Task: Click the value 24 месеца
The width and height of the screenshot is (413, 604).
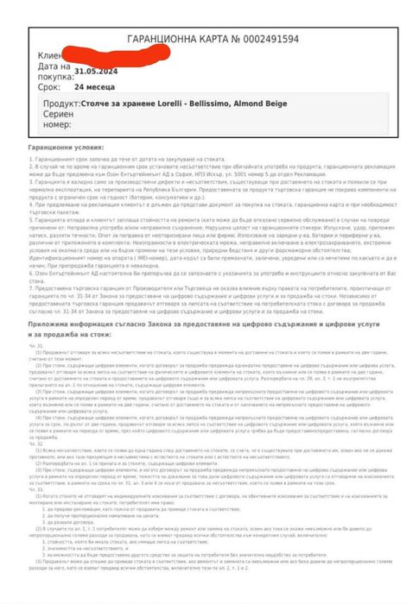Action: coord(95,87)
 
